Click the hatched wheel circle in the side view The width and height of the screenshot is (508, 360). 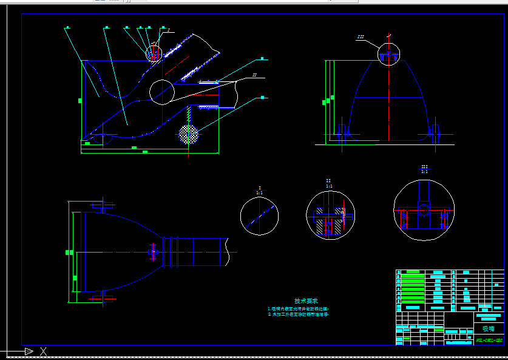click(x=189, y=134)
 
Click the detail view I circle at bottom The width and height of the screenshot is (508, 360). click(x=259, y=216)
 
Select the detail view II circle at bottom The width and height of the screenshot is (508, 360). click(x=330, y=215)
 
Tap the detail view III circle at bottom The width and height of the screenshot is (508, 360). click(x=424, y=209)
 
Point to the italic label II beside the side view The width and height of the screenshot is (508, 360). click(x=255, y=75)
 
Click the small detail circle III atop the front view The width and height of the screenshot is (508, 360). click(x=388, y=54)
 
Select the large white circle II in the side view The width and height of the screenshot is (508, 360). click(x=161, y=92)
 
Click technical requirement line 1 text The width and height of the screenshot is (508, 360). click(x=298, y=308)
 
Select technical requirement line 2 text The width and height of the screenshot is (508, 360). click(x=298, y=314)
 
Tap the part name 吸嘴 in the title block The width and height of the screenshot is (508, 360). click(x=488, y=328)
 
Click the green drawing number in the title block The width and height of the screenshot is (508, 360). click(x=489, y=341)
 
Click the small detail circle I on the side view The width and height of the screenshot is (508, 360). click(x=154, y=53)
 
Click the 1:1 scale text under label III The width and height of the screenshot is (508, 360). click(x=424, y=172)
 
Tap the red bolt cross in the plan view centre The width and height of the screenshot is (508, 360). click(x=154, y=250)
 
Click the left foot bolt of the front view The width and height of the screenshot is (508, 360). click(x=342, y=131)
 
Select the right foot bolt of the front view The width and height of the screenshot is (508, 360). click(x=435, y=131)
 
